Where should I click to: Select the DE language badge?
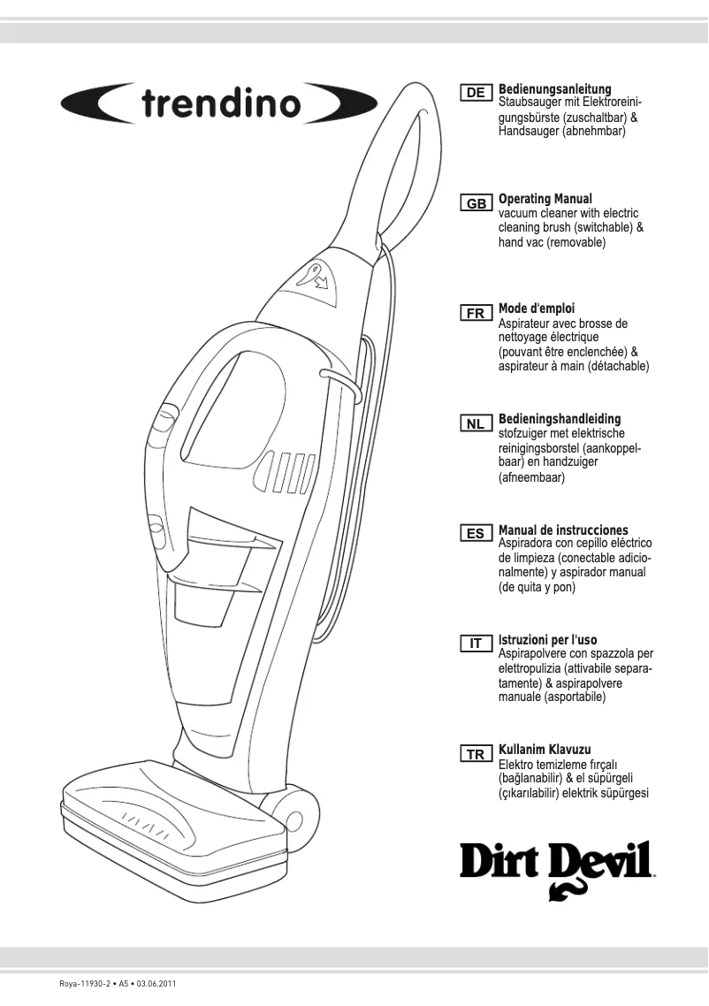[x=476, y=93]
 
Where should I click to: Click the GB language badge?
[x=476, y=203]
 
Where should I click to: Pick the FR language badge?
[x=476, y=314]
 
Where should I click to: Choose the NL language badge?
[x=476, y=423]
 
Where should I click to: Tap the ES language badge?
[x=476, y=534]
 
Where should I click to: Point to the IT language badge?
[x=476, y=644]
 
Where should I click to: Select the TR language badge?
[x=476, y=754]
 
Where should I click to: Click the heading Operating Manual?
[x=545, y=199]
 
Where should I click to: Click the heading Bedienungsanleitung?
[x=555, y=89]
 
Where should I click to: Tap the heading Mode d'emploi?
[x=537, y=309]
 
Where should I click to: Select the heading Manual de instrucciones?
[x=563, y=530]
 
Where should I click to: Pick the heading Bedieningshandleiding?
[x=560, y=419]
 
